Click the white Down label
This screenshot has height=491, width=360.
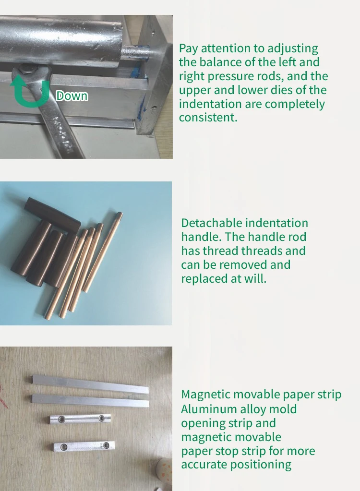72,96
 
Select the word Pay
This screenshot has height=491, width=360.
188,48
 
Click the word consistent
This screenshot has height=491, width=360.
208,118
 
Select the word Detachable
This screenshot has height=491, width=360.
212,223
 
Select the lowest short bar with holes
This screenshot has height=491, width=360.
84,446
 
